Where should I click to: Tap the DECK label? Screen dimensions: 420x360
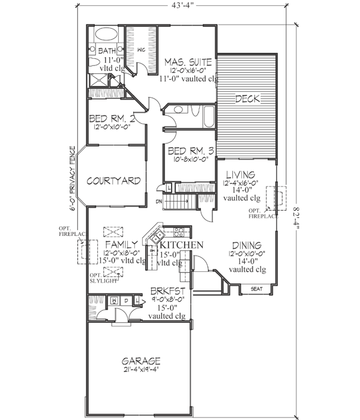[246, 99]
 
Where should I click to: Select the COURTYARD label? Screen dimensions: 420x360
[113, 181]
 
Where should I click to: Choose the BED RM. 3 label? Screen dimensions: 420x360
[188, 151]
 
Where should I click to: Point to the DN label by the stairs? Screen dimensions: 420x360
[159, 201]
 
